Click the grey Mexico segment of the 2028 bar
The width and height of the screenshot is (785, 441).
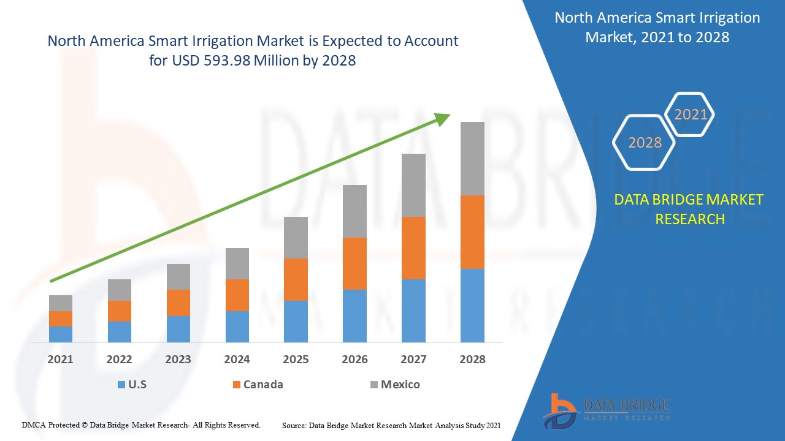[x=472, y=159]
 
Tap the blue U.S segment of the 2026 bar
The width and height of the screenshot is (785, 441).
[x=354, y=315]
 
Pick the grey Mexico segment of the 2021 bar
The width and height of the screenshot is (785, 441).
[x=61, y=303]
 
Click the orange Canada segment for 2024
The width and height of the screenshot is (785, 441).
[x=237, y=295]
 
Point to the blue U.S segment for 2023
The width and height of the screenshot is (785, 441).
[x=178, y=329]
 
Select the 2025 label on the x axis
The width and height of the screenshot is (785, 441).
[x=296, y=360]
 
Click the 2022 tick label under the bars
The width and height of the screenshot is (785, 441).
[x=119, y=360]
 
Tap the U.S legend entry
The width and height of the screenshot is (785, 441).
[x=132, y=385]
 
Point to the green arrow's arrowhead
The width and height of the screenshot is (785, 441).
[x=443, y=119]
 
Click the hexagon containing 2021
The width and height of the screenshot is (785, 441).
[x=690, y=115]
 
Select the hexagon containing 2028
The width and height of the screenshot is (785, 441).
[x=645, y=143]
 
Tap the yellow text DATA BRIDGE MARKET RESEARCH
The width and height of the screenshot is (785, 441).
[x=689, y=209]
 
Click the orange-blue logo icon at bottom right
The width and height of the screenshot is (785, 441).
[x=559, y=410]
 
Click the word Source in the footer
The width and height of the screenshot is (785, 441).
[x=294, y=424]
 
